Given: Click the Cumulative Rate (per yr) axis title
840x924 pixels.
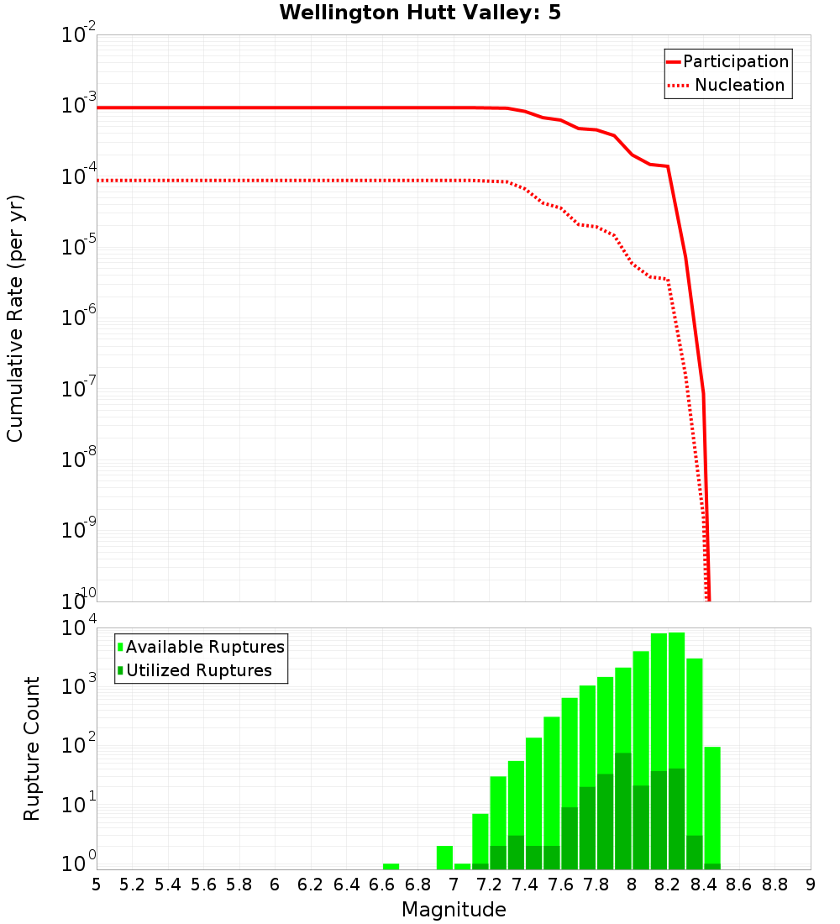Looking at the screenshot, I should point(15,318).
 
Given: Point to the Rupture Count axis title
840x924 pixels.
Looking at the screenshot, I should point(32,748).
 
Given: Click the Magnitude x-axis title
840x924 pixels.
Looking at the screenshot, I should point(454,910).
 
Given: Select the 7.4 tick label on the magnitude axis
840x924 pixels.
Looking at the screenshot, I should point(525,885).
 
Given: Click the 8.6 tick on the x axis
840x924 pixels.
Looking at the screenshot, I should point(739,885).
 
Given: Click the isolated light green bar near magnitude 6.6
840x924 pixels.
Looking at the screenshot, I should point(391,866).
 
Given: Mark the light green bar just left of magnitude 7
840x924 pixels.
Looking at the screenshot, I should point(444,858).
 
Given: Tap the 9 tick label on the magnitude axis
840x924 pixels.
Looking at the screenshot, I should point(811,885).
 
